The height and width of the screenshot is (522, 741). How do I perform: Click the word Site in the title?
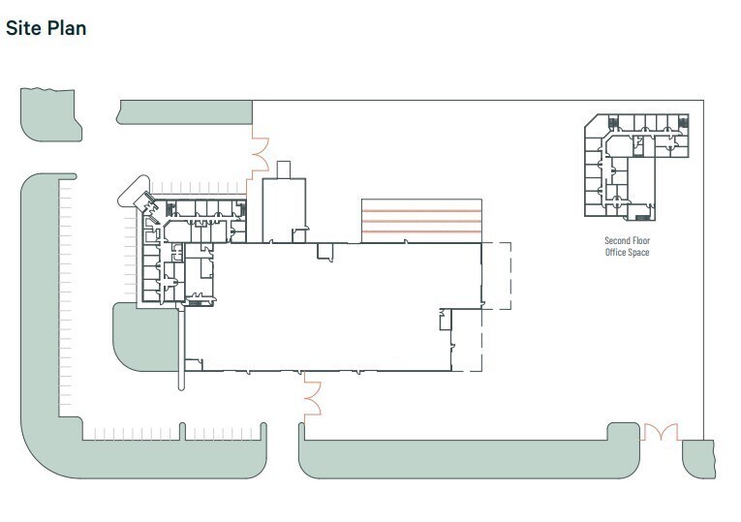tap(23, 28)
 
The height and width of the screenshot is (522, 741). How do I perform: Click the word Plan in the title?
tap(67, 28)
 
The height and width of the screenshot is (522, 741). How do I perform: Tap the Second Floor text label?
tap(627, 240)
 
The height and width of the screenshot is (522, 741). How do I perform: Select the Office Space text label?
tap(627, 252)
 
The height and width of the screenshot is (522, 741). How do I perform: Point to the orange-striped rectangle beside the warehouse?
tap(421, 221)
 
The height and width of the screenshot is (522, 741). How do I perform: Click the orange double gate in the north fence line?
tap(259, 154)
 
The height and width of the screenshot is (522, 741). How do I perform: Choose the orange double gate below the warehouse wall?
tap(312, 398)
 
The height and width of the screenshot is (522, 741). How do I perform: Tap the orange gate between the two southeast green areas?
tap(661, 432)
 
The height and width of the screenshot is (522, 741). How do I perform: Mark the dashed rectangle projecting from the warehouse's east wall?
tap(496, 276)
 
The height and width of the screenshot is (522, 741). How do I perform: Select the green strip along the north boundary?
tap(185, 112)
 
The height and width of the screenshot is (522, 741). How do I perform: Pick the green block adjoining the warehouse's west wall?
tap(144, 337)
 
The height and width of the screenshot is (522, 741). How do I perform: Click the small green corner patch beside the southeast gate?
tap(698, 459)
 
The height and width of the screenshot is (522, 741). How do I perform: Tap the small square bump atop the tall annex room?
tap(284, 169)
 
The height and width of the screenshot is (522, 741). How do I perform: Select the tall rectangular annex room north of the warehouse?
tap(284, 210)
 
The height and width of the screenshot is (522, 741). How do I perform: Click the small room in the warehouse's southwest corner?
tap(194, 365)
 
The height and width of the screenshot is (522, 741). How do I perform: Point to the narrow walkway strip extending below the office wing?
tap(181, 349)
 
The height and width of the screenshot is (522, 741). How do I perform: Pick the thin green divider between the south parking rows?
tap(182, 432)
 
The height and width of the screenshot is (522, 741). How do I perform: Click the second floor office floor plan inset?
tap(636, 168)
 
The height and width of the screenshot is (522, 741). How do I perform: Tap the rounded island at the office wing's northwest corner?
tap(134, 191)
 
